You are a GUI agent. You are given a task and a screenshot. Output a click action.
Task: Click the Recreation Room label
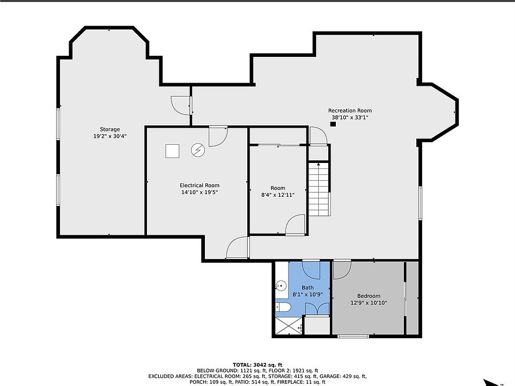click(350, 110)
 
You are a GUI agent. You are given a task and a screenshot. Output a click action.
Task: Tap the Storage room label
click(109, 129)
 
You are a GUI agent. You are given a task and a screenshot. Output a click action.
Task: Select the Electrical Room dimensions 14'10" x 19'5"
click(200, 192)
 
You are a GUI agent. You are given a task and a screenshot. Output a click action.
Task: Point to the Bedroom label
click(369, 296)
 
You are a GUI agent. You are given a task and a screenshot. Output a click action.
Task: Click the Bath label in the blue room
click(308, 288)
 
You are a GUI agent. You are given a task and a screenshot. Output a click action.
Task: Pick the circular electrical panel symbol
click(198, 150)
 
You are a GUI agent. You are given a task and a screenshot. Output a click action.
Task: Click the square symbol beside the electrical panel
click(172, 151)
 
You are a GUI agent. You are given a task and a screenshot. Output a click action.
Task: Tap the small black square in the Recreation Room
click(333, 124)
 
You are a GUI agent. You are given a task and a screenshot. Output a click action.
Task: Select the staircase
click(319, 189)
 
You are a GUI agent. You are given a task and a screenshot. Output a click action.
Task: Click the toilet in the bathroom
click(283, 308)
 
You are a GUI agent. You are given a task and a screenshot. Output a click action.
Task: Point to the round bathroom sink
click(281, 286)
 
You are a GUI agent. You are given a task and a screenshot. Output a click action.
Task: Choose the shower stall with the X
click(288, 326)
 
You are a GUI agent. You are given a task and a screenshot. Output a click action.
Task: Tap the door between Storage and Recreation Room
click(181, 106)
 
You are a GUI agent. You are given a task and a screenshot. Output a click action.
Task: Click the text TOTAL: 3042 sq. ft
click(257, 365)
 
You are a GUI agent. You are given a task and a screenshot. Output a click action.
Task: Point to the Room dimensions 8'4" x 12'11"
click(278, 195)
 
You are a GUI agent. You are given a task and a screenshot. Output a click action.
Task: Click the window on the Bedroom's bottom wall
click(354, 336)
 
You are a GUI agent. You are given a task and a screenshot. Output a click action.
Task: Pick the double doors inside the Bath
click(317, 309)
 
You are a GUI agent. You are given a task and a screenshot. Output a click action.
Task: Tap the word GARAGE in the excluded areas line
click(333, 376)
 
